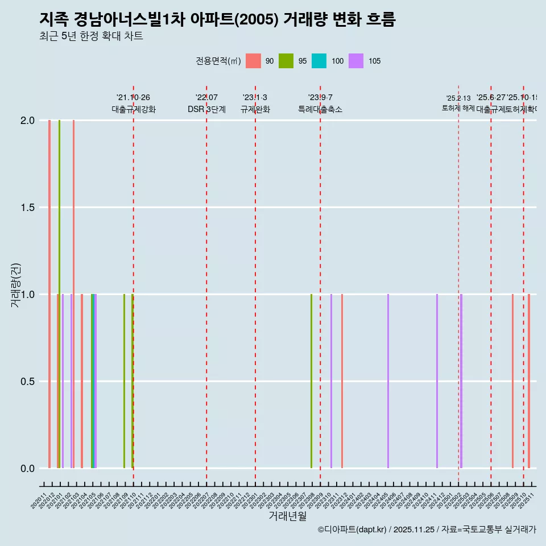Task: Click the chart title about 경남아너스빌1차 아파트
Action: tap(217, 19)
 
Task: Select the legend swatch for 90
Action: tap(253, 61)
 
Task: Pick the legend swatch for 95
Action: tap(286, 61)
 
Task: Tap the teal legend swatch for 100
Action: tap(319, 61)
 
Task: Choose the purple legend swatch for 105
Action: tap(356, 61)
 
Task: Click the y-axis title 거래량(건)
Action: tap(16, 284)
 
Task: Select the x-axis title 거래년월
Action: tap(287, 516)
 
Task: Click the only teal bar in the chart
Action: tap(93, 381)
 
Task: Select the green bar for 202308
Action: tap(311, 381)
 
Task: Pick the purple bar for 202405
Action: tap(388, 381)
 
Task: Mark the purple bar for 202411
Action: tap(437, 381)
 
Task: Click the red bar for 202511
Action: tap(528, 381)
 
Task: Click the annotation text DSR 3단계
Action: tap(206, 109)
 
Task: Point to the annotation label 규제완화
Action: tap(255, 109)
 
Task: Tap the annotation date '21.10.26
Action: tap(133, 97)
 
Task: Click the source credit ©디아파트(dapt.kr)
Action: tap(353, 530)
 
